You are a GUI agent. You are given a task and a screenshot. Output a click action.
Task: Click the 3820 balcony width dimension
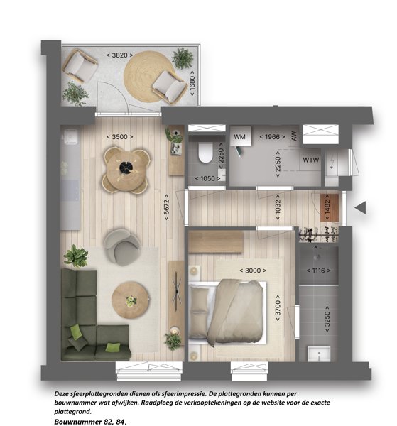click(x=119, y=55)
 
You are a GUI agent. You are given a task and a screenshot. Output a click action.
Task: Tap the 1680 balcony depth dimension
click(x=192, y=83)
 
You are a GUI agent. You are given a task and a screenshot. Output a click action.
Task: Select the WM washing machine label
click(x=239, y=137)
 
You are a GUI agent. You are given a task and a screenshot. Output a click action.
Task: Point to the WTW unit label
click(x=311, y=160)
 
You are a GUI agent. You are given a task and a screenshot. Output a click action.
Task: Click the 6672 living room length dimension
click(x=167, y=207)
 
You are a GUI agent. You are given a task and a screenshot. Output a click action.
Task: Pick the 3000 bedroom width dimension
click(x=253, y=271)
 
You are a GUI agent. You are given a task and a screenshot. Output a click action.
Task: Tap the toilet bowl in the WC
click(x=205, y=153)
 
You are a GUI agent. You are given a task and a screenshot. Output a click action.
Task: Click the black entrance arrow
click(x=360, y=207)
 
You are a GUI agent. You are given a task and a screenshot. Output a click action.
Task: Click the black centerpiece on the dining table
click(x=126, y=168)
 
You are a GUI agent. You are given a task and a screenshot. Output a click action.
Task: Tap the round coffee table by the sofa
click(x=130, y=300)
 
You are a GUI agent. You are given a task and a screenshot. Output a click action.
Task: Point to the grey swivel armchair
click(x=121, y=247)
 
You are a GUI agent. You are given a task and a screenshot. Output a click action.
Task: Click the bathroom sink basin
click(x=319, y=354)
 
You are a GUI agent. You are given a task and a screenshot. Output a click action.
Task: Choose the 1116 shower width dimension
click(x=318, y=271)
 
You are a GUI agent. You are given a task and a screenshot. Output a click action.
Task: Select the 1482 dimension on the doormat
click(x=327, y=207)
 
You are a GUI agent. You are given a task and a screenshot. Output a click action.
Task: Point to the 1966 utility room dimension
click(x=272, y=137)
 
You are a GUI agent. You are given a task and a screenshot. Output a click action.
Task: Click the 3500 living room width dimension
click(x=119, y=137)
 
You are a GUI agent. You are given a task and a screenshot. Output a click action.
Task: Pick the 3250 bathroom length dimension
click(x=327, y=319)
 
